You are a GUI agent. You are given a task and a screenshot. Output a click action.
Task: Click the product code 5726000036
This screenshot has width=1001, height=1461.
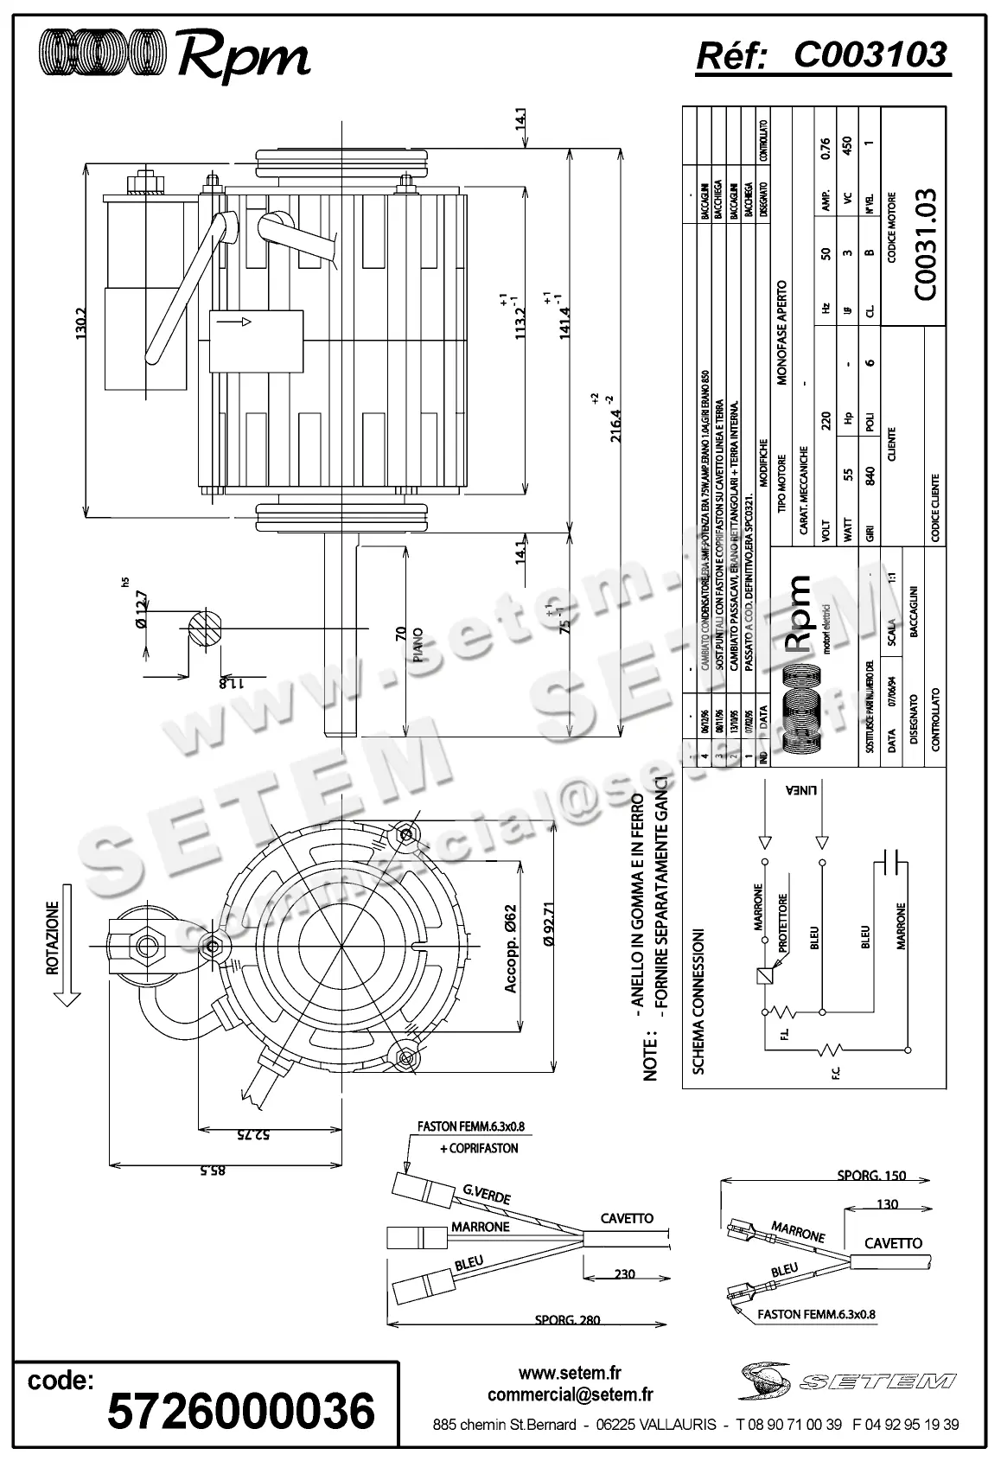coord(241,1410)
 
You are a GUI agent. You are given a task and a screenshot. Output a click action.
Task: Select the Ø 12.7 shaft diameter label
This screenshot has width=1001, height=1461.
coord(141,612)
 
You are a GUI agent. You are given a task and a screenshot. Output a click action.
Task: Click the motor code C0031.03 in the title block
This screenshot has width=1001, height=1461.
coord(922,245)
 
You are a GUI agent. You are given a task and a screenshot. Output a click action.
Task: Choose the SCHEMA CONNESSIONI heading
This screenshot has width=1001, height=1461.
coord(699,1003)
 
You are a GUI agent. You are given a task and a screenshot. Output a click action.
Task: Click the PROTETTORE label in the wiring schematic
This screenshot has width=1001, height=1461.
coord(783,924)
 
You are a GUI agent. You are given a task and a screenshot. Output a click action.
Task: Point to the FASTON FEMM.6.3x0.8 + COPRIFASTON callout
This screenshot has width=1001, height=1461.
coord(469,1138)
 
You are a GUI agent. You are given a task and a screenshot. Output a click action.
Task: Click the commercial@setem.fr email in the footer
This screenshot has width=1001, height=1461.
coord(570,1394)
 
